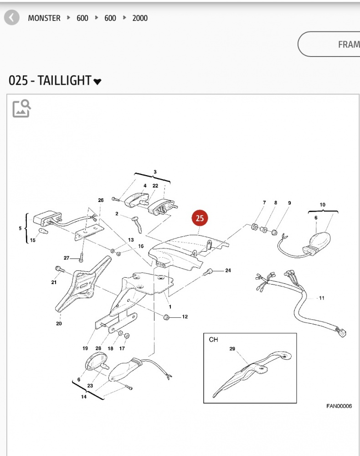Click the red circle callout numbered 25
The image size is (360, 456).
point(200,218)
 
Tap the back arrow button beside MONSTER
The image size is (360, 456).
point(12,18)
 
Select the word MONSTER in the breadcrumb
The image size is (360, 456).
point(44,18)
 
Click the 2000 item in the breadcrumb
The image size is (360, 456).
point(140,18)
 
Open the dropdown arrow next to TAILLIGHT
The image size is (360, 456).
point(98,82)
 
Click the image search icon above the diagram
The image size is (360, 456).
point(21,108)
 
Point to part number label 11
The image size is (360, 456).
point(322,298)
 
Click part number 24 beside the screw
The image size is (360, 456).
point(228,270)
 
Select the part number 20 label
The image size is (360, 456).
point(59,324)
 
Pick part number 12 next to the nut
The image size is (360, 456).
point(185,316)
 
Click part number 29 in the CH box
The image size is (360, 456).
point(232,349)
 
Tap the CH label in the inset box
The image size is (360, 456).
point(214,340)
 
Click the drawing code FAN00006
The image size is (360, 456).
point(339,406)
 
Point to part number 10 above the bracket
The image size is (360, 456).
point(323,205)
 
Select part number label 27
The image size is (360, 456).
point(67,258)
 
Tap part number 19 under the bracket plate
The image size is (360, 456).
point(85,348)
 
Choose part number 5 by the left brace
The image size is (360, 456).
point(20,228)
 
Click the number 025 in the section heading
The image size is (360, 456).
point(18,81)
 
